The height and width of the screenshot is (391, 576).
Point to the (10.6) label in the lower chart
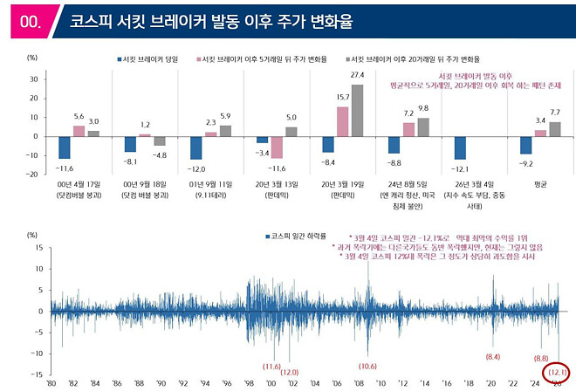[367, 366]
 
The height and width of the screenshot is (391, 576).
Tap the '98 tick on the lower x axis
[249, 383]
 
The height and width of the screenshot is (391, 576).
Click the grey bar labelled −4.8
[160, 141]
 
